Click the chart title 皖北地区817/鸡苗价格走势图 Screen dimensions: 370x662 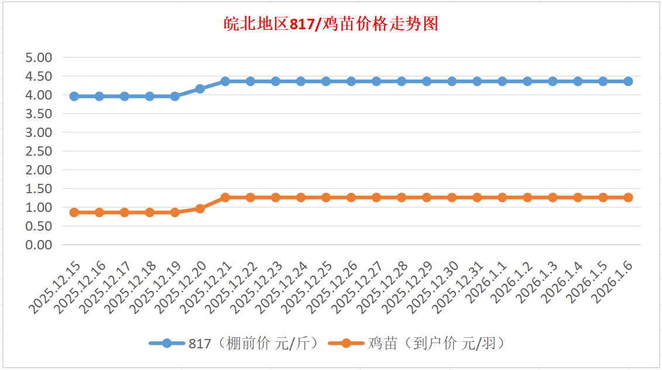[x=331, y=25]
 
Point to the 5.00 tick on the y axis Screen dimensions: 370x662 [x=39, y=57]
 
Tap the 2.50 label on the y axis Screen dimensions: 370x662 [x=39, y=151]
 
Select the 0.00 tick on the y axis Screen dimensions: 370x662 [x=39, y=245]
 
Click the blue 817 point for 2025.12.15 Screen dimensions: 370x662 [x=74, y=96]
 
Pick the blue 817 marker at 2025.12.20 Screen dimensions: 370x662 [x=200, y=89]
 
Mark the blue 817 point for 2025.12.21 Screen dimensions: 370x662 [x=225, y=81]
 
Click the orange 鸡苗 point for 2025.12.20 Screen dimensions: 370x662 [x=200, y=208]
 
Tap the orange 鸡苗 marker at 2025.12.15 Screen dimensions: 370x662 [x=74, y=213]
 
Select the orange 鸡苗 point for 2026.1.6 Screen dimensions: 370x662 [x=628, y=197]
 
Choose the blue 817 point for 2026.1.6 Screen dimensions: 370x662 [x=628, y=81]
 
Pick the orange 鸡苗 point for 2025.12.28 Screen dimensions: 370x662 [x=402, y=197]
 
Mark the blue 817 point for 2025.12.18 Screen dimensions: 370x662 [x=150, y=96]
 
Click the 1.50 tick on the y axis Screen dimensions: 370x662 [x=39, y=189]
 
